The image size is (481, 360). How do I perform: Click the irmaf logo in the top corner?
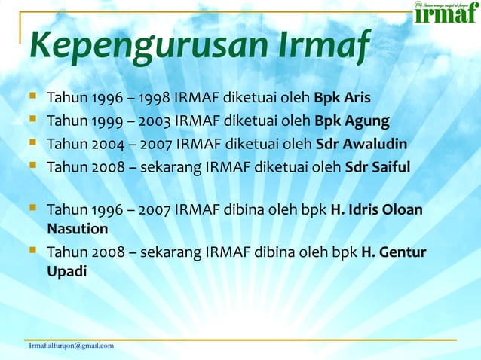coord(446,13)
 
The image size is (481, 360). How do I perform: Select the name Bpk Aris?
coord(342,98)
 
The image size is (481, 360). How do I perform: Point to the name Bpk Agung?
coord(351,121)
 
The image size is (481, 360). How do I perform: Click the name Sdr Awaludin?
coord(361,144)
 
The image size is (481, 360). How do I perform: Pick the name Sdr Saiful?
coord(377,166)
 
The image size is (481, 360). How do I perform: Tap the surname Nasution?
coord(77,228)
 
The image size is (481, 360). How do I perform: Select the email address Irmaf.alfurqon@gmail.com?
coord(71,346)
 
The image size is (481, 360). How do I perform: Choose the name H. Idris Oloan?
coord(377,210)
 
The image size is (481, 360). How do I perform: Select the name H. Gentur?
coord(394,252)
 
